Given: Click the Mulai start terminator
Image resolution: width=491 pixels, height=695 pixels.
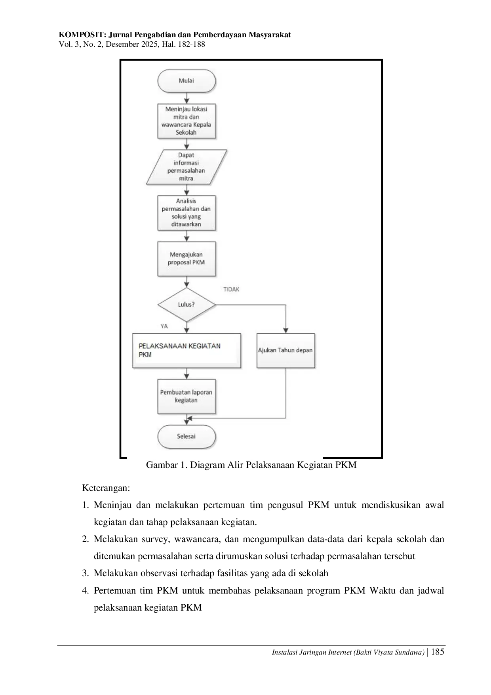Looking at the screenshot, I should [186, 81].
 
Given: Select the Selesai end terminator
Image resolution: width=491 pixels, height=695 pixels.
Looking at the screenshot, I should [186, 436].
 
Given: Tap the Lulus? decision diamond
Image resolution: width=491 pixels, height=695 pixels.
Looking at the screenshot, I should [186, 305].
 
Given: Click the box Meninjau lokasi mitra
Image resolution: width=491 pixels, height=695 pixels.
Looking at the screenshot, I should [186, 120].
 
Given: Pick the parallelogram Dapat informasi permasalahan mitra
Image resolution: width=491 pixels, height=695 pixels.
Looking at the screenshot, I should [186, 167].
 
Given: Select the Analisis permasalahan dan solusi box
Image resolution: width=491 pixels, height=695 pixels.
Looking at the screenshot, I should [186, 212].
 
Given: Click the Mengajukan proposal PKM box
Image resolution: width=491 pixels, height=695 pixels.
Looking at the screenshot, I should [186, 258].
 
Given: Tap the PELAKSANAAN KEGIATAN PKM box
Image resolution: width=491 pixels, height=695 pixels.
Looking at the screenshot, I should [186, 350].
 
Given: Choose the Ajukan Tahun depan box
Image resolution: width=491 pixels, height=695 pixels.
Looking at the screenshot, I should [285, 350].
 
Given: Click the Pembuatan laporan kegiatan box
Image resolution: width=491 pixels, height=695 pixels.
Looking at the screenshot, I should [186, 396].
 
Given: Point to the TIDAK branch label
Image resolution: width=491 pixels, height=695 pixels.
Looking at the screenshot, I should [231, 289].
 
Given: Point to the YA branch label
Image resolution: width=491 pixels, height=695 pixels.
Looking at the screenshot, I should [164, 326].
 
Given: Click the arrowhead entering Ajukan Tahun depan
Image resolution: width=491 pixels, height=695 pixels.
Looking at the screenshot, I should [285, 330].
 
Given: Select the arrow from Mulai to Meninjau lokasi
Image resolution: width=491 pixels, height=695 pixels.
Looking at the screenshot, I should [187, 98].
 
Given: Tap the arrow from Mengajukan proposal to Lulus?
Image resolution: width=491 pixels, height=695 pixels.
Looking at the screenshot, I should [187, 282].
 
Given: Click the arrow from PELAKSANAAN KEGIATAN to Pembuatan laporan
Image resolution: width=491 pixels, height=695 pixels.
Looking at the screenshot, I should [187, 373].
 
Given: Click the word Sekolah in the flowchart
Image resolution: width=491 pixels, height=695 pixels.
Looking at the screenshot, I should [186, 132].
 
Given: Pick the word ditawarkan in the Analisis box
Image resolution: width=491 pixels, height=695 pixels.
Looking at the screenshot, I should [186, 224].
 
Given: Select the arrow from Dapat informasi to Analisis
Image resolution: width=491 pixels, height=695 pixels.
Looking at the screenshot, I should [187, 190].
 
